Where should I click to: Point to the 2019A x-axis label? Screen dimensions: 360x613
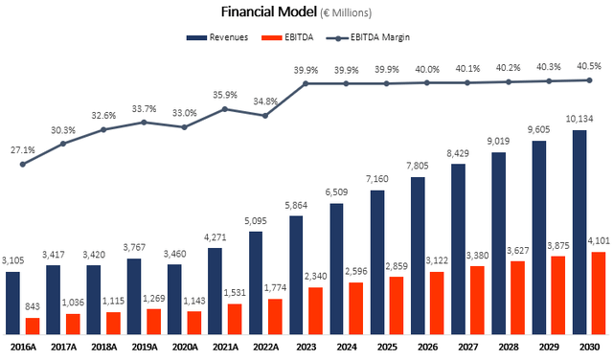tap(144, 348)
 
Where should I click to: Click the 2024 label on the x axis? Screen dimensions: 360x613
tap(347, 348)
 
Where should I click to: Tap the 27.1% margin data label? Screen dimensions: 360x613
tap(23, 150)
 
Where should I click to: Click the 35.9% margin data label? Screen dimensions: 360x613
tap(224, 96)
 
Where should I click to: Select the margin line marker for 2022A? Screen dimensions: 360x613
tap(264, 115)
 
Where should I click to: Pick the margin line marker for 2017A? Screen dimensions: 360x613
tap(63, 144)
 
